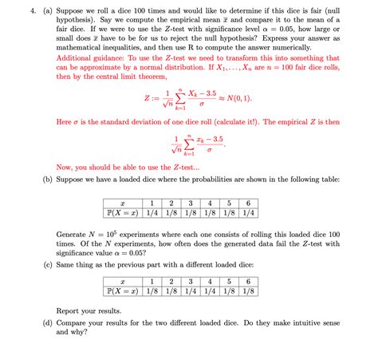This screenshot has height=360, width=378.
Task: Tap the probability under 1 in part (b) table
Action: pos(152,213)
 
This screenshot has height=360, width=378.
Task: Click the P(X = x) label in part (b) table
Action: pos(122,213)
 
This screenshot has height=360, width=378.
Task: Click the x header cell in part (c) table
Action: pos(122,282)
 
